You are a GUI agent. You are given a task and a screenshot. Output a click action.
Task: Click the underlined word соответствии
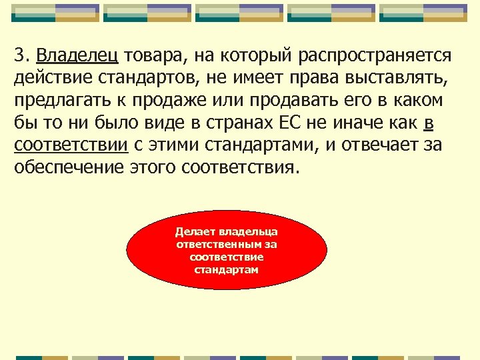(x=71, y=145)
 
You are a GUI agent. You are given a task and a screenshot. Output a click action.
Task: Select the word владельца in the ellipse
(x=252, y=232)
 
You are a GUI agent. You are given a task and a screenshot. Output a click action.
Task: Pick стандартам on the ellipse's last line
(x=227, y=270)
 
